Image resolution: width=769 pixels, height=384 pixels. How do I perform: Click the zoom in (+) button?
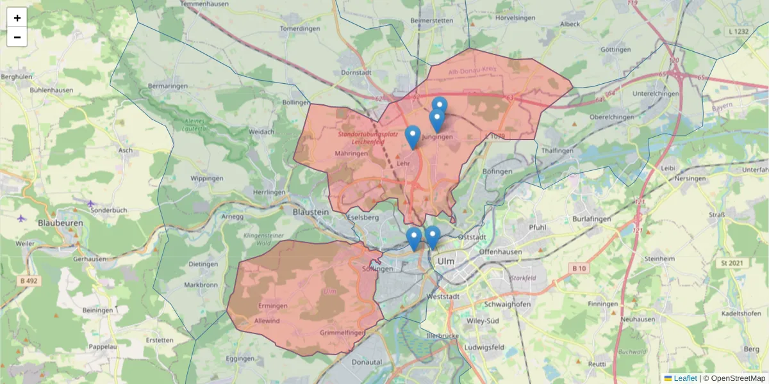pyautogui.click(x=17, y=18)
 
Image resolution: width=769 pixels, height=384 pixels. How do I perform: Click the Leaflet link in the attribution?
pyautogui.click(x=685, y=378)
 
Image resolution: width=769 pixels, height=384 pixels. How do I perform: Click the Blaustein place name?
pyautogui.click(x=310, y=211)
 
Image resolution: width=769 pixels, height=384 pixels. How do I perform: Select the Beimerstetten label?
pyautogui.click(x=431, y=20)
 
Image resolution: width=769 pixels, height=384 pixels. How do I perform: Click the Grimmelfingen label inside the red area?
pyautogui.click(x=342, y=333)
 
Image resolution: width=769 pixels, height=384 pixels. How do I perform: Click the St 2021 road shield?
pyautogui.click(x=732, y=263)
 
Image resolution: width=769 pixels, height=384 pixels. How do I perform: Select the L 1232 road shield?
pyautogui.click(x=739, y=31)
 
